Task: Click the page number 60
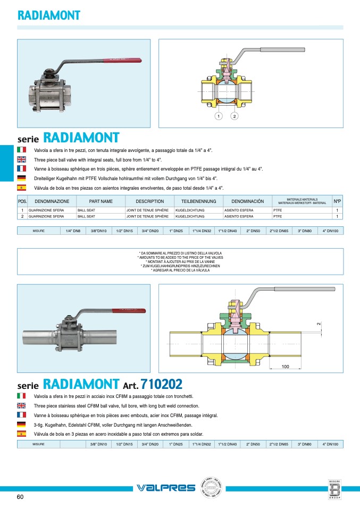point(20,497)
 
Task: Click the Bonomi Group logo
point(334,489)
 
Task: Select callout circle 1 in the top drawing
point(218,116)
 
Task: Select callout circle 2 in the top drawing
point(234,116)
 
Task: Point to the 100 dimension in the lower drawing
point(285,367)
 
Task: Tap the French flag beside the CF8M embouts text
point(21,415)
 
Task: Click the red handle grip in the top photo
point(123,60)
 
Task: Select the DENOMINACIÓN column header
point(247,202)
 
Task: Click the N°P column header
point(337,202)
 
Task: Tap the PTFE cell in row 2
point(278,216)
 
